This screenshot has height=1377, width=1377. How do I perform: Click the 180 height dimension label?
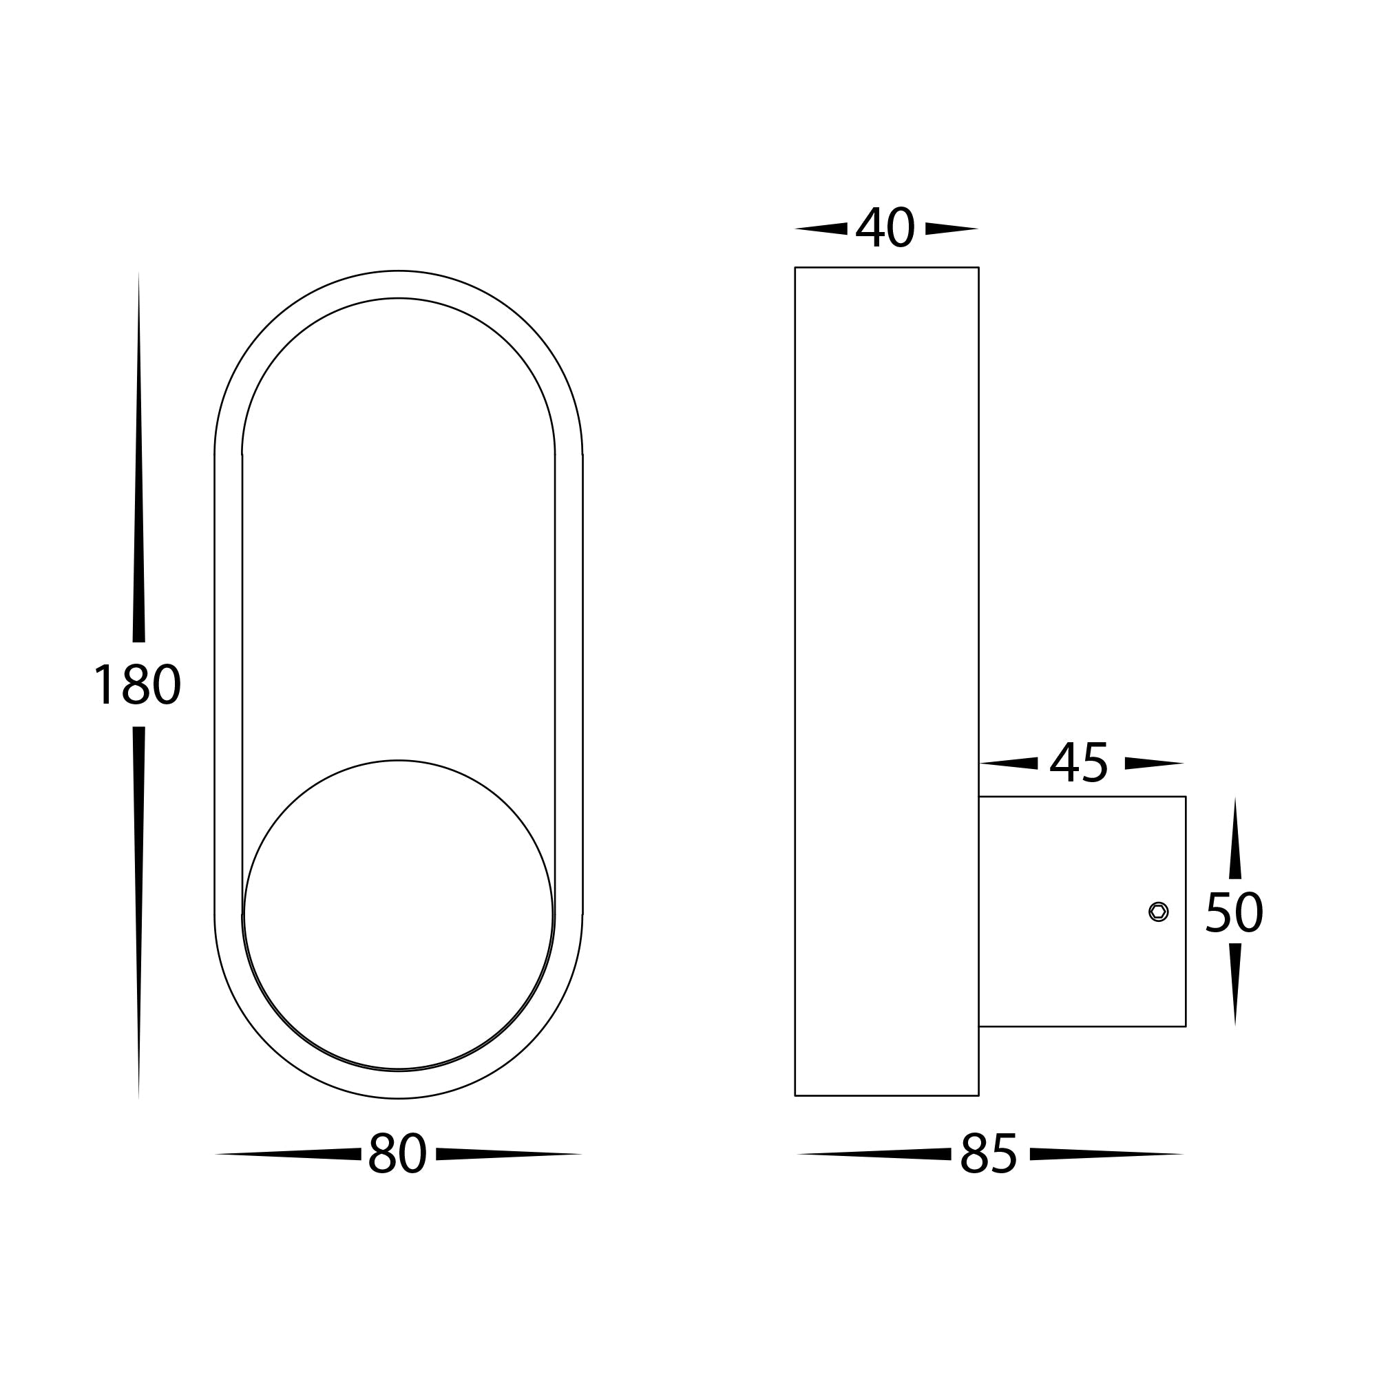pos(137,685)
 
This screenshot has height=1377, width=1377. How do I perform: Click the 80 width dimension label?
pos(397,1154)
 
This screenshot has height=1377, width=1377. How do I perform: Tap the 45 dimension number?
pos(1079,764)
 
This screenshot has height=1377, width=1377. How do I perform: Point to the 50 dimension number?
pos(1234,913)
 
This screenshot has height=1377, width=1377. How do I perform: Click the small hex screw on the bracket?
pos(1158,912)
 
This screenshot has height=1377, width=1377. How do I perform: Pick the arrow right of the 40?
pos(950,229)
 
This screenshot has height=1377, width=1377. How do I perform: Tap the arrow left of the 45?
pos(1010,764)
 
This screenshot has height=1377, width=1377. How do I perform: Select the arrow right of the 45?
pos(1153,764)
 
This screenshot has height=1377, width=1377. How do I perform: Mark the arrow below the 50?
pos(1234,984)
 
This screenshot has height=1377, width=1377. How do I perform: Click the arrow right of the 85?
pos(1105,1154)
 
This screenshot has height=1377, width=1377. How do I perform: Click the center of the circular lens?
pos(398,915)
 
